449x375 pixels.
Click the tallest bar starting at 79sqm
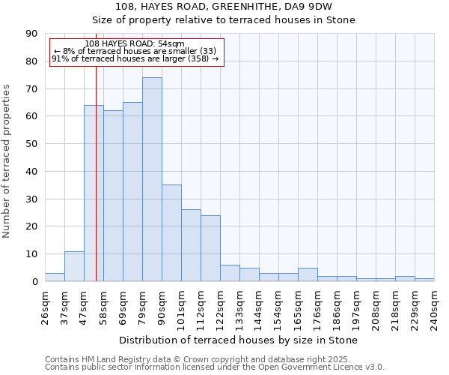(152, 179)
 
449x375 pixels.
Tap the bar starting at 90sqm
(171, 232)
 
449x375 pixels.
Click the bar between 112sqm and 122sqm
(210, 248)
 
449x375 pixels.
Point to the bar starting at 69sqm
(132, 191)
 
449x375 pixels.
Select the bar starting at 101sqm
(191, 245)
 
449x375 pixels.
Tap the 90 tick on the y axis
(32, 34)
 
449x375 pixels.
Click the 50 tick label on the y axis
(32, 144)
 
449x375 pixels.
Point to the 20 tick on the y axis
(32, 226)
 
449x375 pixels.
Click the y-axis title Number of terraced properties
(7, 160)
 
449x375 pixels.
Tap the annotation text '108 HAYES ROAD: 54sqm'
(135, 44)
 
